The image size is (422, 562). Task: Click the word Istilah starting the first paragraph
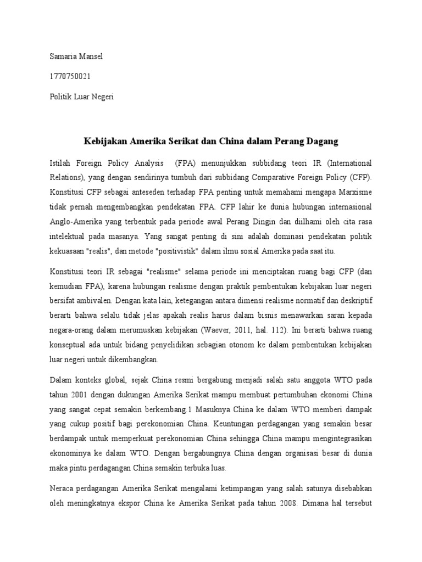coord(61,163)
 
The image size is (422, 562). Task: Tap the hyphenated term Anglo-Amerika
coord(75,221)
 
